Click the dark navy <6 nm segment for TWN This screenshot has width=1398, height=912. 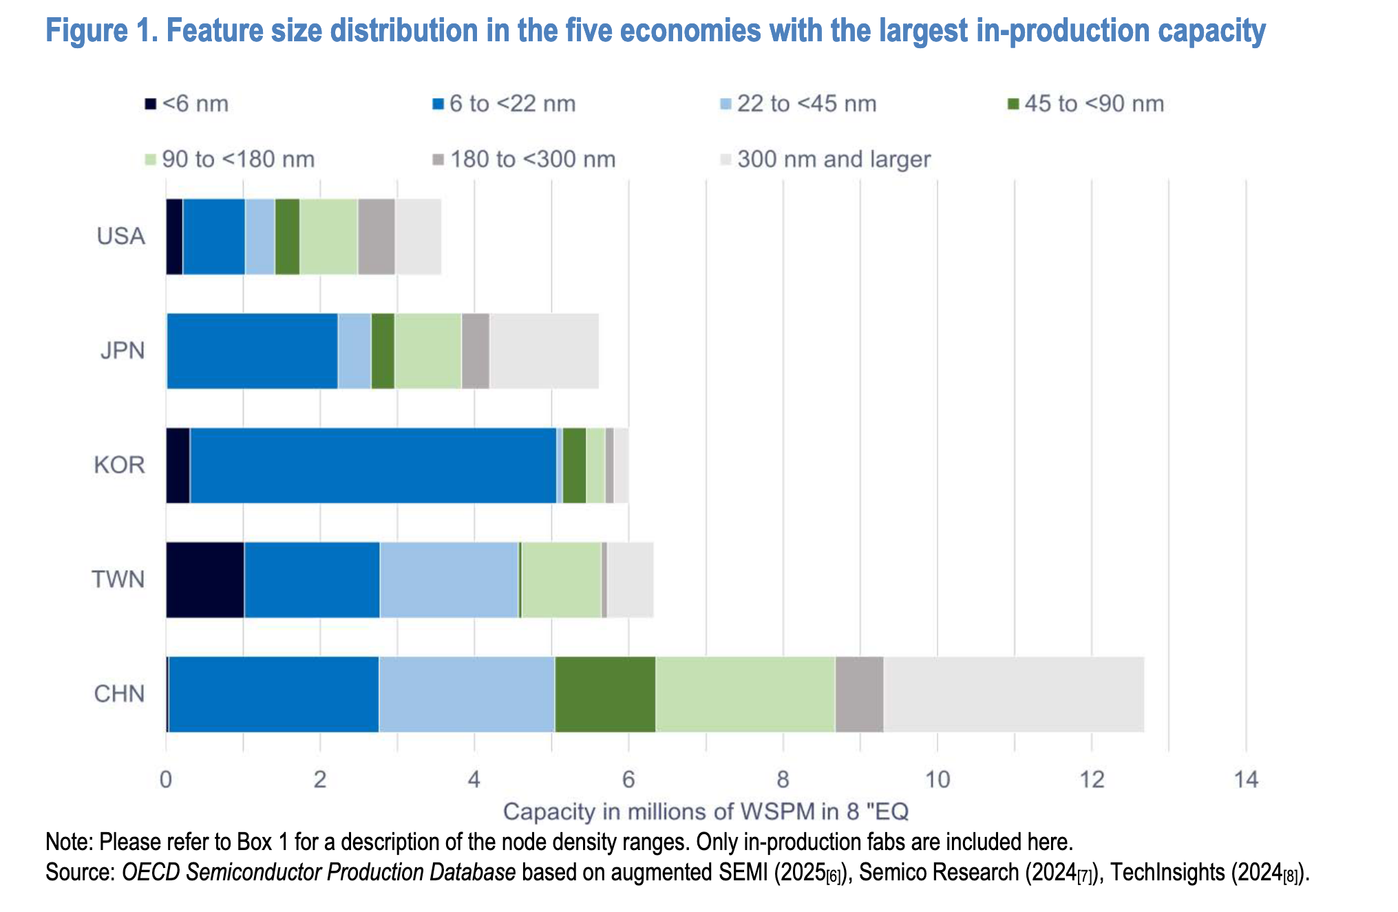(205, 580)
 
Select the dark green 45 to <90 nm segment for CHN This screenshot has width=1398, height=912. (605, 694)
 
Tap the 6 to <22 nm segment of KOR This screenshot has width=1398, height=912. (373, 465)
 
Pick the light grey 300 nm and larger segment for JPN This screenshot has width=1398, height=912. (544, 351)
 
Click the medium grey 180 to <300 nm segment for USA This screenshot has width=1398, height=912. (377, 237)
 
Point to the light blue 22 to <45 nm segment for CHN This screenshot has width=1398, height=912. (467, 694)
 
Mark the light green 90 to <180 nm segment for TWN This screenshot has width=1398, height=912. (561, 580)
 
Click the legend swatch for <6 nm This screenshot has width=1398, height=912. (150, 104)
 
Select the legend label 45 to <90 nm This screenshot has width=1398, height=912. (1094, 104)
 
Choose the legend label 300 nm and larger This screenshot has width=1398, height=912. (834, 160)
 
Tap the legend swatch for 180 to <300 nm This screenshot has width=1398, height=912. (438, 160)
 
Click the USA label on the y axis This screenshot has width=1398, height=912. (121, 237)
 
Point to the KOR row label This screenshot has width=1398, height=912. (120, 465)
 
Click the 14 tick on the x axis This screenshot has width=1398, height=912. (1246, 780)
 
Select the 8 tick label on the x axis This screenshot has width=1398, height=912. (783, 780)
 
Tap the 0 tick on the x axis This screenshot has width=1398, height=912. (166, 780)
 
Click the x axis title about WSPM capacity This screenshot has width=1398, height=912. (706, 812)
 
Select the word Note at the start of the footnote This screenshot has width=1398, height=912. (68, 842)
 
